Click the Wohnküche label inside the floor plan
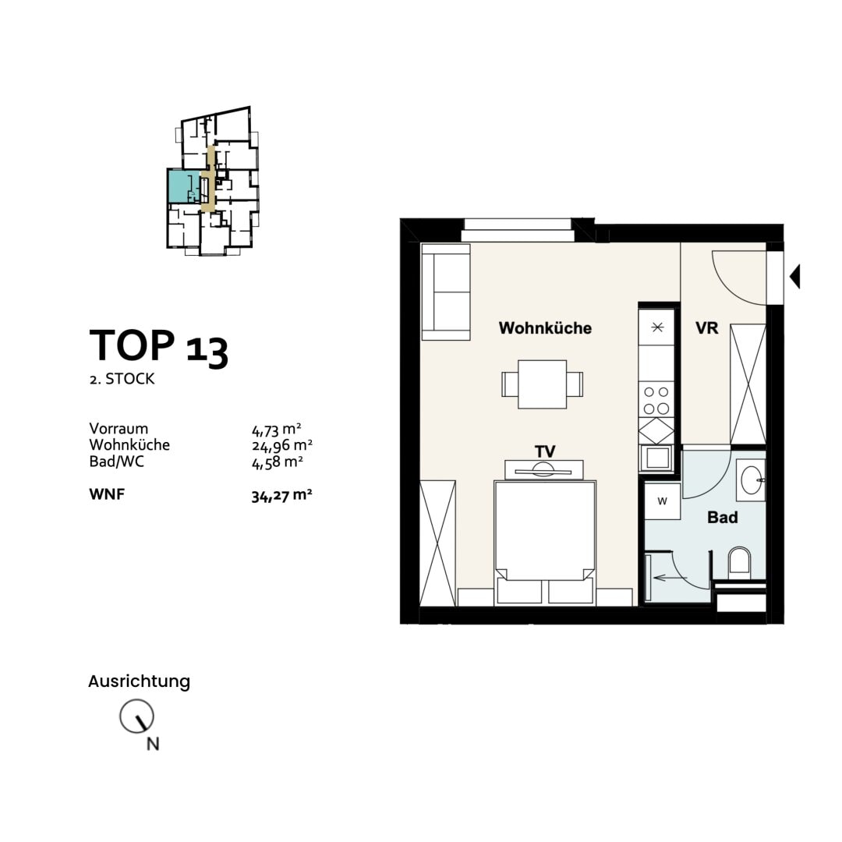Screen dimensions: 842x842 point(545,328)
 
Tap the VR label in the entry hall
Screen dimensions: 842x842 point(706,328)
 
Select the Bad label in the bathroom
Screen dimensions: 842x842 point(722,518)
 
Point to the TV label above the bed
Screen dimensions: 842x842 point(544,451)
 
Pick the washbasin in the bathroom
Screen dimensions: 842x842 point(752,479)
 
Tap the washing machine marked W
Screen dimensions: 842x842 point(663,501)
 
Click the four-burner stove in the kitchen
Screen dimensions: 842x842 point(656,400)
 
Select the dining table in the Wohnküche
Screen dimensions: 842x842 point(543,384)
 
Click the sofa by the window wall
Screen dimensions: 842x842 point(446,292)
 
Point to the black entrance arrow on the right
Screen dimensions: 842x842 point(794,277)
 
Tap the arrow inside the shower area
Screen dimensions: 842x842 point(670,578)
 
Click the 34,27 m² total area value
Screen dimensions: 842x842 point(281,496)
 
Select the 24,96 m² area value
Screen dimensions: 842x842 point(282,445)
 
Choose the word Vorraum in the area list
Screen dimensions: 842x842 point(119,429)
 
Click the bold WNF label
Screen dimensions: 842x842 point(107,494)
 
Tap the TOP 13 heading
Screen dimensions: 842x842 point(159,347)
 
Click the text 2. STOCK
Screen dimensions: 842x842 point(122,379)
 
